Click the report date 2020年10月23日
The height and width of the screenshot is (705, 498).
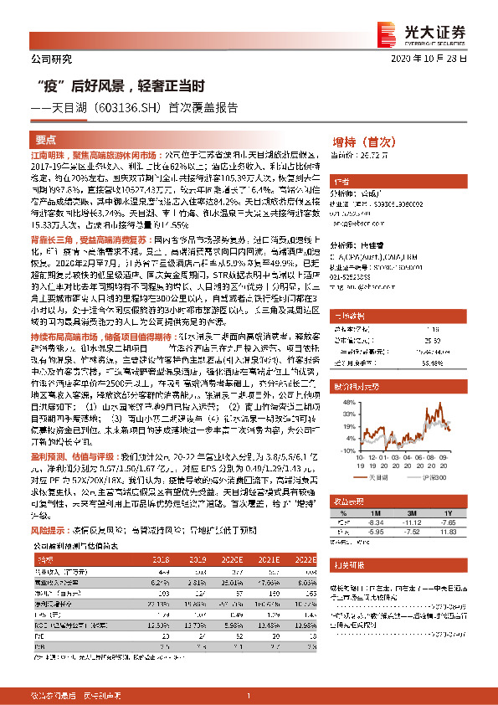pyautogui.click(x=440, y=59)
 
